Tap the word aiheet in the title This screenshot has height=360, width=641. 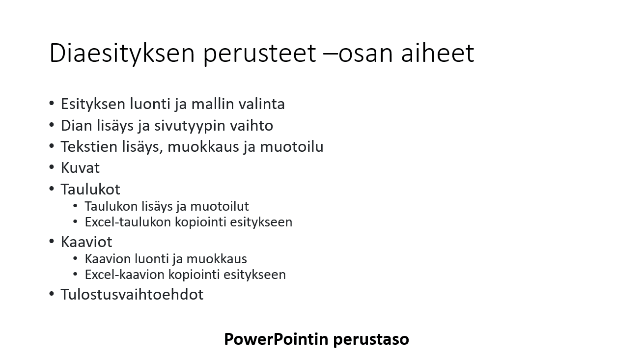438,53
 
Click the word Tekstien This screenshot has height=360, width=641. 89,146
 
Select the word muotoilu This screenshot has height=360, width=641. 292,146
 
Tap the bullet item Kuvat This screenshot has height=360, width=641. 80,167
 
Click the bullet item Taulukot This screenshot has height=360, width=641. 90,189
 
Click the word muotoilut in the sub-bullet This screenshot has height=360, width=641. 220,206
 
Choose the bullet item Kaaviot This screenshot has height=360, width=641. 86,242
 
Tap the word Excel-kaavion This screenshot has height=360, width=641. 125,275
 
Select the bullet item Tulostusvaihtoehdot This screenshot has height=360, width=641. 132,294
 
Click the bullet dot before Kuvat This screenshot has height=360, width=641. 52,167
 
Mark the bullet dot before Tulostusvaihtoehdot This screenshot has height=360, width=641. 52,294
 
